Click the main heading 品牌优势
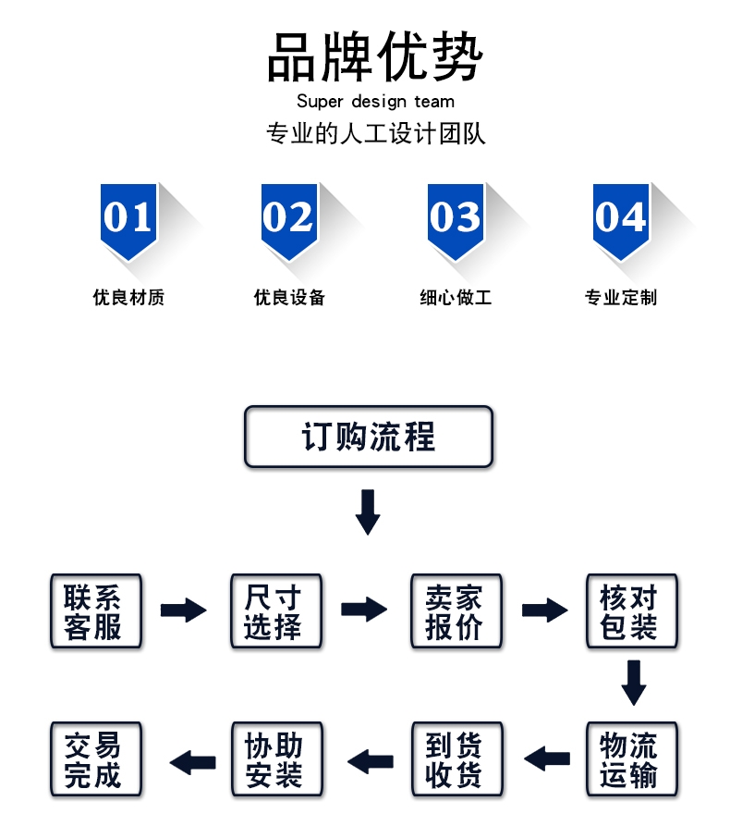click(375, 56)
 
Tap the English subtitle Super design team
click(375, 102)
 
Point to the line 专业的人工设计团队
click(375, 134)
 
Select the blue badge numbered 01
click(128, 219)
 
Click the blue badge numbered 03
click(456, 219)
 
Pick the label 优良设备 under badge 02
click(290, 298)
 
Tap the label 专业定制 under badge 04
click(620, 298)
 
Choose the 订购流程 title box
click(369, 437)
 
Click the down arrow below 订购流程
click(368, 512)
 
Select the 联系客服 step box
click(95, 610)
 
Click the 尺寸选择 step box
click(275, 610)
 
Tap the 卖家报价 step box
click(456, 610)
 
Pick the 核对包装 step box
click(632, 610)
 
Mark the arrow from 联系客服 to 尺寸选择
click(184, 610)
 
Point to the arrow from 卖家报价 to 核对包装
click(544, 610)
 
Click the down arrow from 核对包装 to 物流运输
click(633, 682)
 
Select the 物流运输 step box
click(632, 759)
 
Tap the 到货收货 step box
click(456, 759)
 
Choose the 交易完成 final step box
click(95, 759)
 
